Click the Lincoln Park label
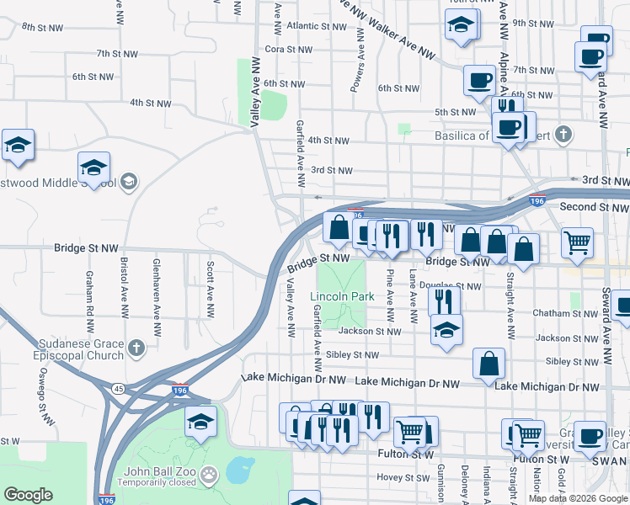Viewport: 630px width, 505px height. coord(342,297)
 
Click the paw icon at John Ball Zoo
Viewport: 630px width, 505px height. coord(209,476)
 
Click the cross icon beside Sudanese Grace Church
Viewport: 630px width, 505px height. coord(136,347)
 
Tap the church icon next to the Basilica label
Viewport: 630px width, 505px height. coord(563,134)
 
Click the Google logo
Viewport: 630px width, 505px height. coord(28,495)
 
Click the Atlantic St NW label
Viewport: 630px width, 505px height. coord(312,26)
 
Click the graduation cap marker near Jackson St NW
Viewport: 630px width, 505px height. coord(446,330)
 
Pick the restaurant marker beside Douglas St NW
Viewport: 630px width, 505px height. coord(444,300)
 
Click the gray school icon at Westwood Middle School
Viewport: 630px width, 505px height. coord(128,181)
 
